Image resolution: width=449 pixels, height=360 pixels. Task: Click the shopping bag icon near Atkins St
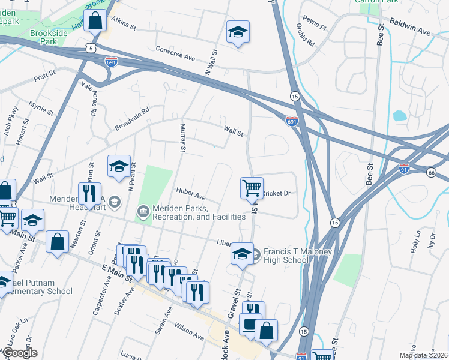[x=96, y=20]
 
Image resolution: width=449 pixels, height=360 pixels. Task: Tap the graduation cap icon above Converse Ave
[x=238, y=32]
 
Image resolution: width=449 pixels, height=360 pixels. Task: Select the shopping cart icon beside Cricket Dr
[x=252, y=188]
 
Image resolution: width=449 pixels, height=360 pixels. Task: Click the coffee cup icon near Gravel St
[x=249, y=325]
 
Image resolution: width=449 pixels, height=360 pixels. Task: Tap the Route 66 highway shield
[x=432, y=173]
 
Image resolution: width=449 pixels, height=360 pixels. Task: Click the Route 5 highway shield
[x=90, y=46]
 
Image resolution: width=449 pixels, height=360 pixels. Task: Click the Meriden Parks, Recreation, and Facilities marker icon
[x=143, y=211]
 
